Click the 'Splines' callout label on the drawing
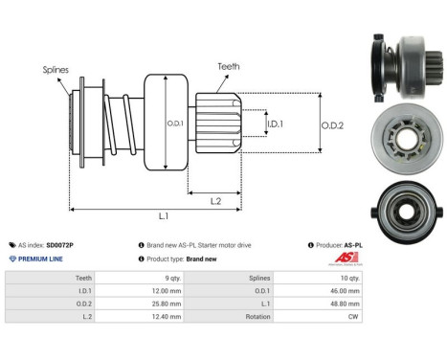56,69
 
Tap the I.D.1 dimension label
275,124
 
